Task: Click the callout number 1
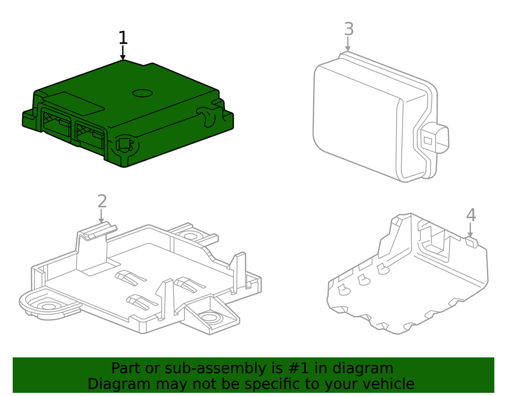pos(123,38)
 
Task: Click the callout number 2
pos(102,201)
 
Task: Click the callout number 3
pos(348,29)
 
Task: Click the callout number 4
pos(471,215)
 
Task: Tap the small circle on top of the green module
pos(142,93)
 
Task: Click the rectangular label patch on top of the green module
pos(83,103)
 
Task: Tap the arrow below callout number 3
pos(348,44)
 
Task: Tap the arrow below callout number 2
pos(102,217)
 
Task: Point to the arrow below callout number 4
pos(471,231)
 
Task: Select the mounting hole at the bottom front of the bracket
pos(209,318)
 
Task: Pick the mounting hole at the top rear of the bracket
pos(191,235)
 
